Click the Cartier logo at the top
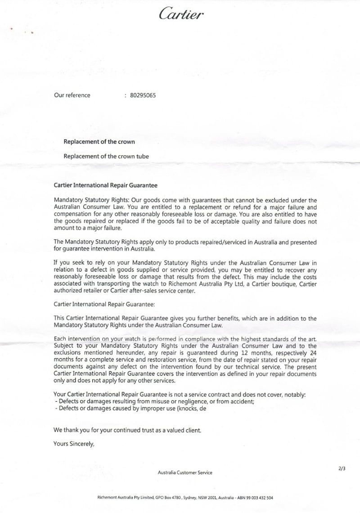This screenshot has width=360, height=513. [181, 14]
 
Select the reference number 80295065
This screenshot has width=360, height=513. [143, 95]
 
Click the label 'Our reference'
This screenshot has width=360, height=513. [72, 95]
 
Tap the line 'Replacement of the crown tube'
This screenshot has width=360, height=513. [106, 157]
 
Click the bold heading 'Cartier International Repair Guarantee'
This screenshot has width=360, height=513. [106, 185]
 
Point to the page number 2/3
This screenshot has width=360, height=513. [342, 468]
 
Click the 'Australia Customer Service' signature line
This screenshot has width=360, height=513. [185, 472]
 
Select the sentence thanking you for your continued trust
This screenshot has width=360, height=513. [127, 430]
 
